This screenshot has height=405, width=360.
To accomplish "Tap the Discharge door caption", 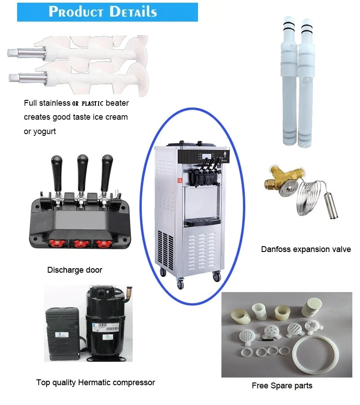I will click(x=75, y=270).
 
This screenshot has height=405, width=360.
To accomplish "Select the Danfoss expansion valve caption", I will click(x=306, y=249).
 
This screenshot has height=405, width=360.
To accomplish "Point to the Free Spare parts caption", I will click(x=282, y=385).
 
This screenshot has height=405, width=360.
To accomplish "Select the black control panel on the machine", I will click(x=203, y=157).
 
